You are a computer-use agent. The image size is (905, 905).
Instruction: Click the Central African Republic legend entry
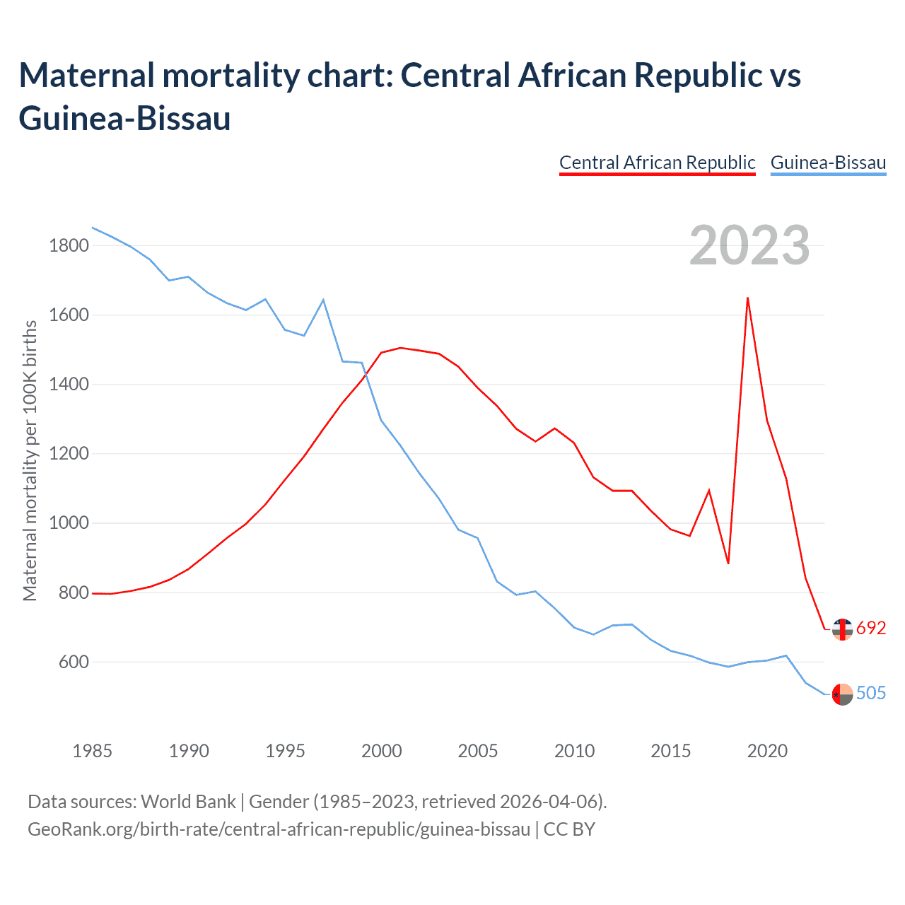[657, 163]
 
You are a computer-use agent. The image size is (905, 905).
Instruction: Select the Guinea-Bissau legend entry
[828, 163]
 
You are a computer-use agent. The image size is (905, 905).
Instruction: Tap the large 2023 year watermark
[749, 245]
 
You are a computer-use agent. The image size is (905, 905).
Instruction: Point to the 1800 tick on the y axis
[69, 246]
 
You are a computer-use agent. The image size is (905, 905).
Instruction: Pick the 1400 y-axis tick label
[69, 385]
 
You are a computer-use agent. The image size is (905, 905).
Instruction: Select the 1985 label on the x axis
[92, 751]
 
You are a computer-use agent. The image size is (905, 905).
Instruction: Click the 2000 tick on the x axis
[381, 751]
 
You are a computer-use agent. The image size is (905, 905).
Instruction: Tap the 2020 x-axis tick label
[767, 751]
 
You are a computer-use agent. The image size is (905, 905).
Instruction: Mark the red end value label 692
[871, 628]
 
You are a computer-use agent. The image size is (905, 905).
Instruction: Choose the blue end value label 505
[871, 693]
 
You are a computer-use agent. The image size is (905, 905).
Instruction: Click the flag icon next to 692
[842, 629]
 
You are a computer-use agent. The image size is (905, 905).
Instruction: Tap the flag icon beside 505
[842, 694]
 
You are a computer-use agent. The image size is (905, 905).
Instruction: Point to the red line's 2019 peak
[747, 298]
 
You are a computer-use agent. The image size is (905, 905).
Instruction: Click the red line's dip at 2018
[728, 563]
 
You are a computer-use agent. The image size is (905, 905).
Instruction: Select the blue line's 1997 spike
[323, 300]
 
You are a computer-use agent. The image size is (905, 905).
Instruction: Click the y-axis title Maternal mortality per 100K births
[30, 460]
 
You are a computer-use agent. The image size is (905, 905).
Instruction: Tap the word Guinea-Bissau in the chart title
[124, 118]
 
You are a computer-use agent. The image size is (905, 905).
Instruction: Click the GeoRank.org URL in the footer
[279, 829]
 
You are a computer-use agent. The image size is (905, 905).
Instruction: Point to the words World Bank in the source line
[188, 802]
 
